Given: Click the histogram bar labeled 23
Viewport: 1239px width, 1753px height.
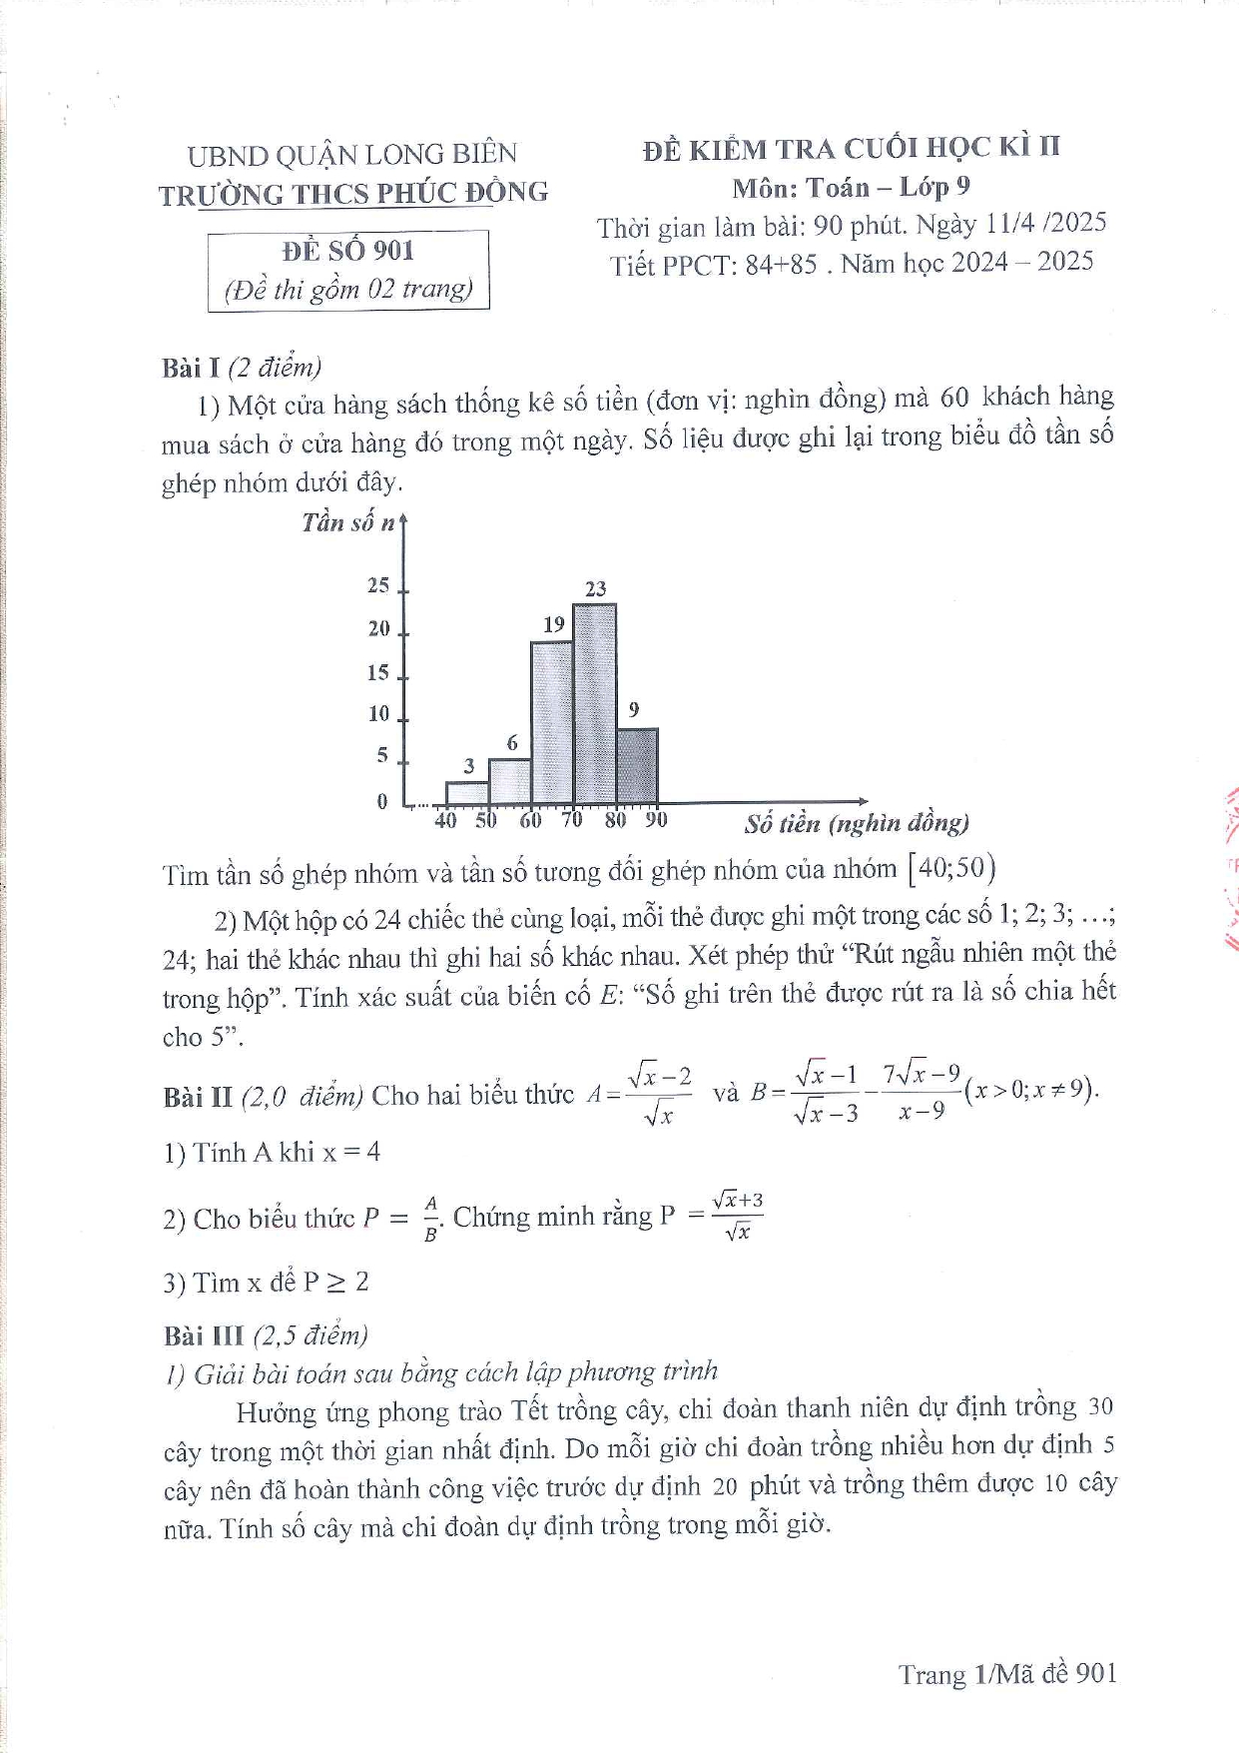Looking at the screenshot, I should point(594,703).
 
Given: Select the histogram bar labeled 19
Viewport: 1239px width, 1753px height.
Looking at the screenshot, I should point(552,722).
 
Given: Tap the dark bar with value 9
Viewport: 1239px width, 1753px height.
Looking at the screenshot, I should point(637,766).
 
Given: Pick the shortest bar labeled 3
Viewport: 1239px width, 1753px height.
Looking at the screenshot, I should point(467,793).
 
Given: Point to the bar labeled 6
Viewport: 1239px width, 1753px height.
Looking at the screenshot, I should point(509,781).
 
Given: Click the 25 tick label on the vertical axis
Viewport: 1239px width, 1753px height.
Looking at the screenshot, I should point(378,585).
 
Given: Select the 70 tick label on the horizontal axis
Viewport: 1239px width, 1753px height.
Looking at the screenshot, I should point(571,820).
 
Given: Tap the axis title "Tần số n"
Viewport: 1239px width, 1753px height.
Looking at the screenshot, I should point(348,522).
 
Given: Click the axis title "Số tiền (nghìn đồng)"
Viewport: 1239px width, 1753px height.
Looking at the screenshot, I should point(857,824).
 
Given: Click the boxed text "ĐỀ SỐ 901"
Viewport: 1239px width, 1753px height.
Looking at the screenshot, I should point(348,251).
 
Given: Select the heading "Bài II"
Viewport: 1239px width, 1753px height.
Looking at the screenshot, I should point(198,1097).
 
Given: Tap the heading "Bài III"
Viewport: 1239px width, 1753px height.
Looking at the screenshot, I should point(204,1335).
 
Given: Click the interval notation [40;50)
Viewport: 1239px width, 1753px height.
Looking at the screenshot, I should point(951,868).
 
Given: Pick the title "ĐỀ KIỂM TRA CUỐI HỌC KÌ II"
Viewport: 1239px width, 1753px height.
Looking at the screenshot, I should point(852,149).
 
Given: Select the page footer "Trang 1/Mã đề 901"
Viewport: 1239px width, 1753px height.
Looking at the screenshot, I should point(1006,1674).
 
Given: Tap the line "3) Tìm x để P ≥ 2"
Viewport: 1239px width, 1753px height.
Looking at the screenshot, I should point(266,1283).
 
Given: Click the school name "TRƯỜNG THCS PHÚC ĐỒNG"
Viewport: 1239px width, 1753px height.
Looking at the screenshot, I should point(353,194).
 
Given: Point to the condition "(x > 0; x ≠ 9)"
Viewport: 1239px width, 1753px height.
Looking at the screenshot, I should point(1031,1089).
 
